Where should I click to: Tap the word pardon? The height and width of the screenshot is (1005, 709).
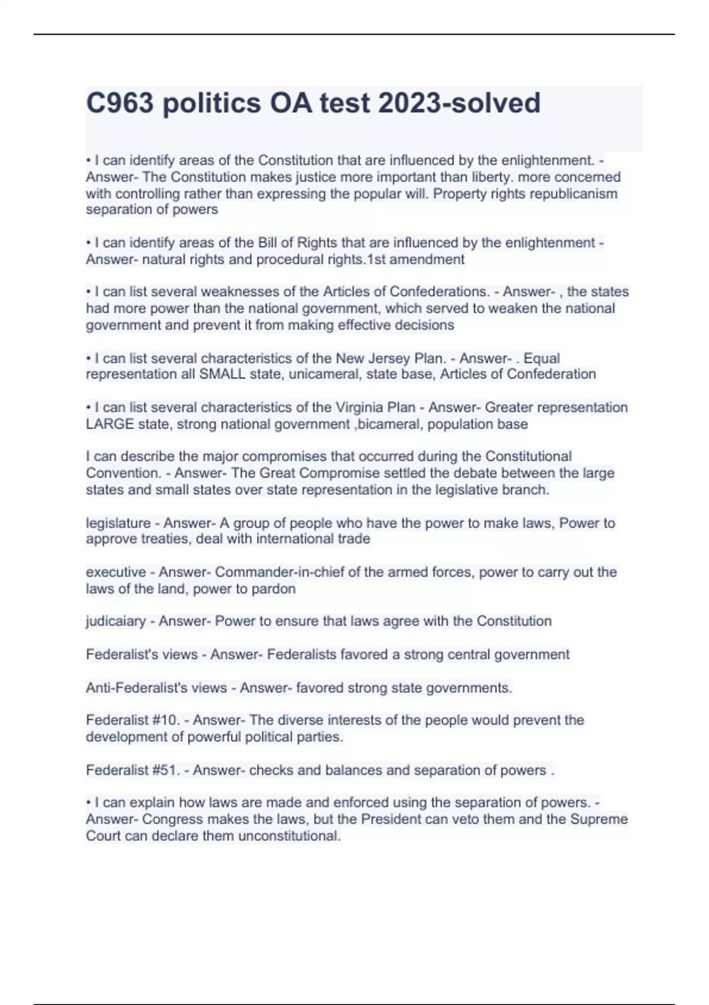click(276, 589)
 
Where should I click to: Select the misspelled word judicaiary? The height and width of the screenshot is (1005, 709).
click(116, 621)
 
